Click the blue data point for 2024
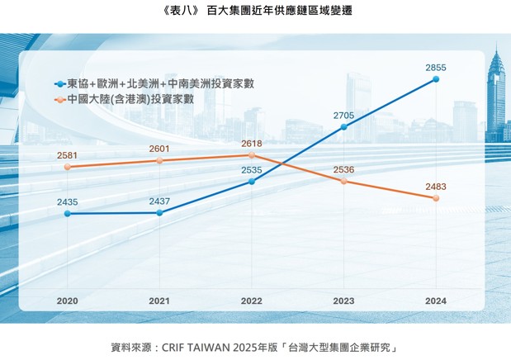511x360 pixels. tap(436, 79)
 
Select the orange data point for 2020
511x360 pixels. tap(68, 167)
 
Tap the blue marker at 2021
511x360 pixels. tap(159, 212)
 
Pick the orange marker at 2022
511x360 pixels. tap(252, 155)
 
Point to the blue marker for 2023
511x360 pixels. tap(344, 127)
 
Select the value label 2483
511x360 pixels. tap(436, 187)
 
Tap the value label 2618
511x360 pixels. tap(252, 144)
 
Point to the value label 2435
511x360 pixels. tap(68, 201)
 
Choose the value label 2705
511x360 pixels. tap(344, 115)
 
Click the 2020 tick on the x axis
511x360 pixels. tap(68, 301)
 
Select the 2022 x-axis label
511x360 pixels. tap(252, 301)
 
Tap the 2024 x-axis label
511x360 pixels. tap(436, 301)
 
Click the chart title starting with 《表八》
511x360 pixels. tap(254, 12)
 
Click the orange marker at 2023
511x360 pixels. tap(344, 181)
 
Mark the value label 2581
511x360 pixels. tap(68, 155)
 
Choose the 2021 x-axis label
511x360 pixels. tap(159, 301)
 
